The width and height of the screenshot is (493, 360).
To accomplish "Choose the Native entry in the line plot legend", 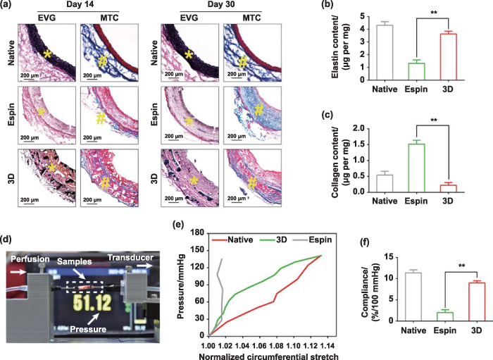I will (x=247, y=230).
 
